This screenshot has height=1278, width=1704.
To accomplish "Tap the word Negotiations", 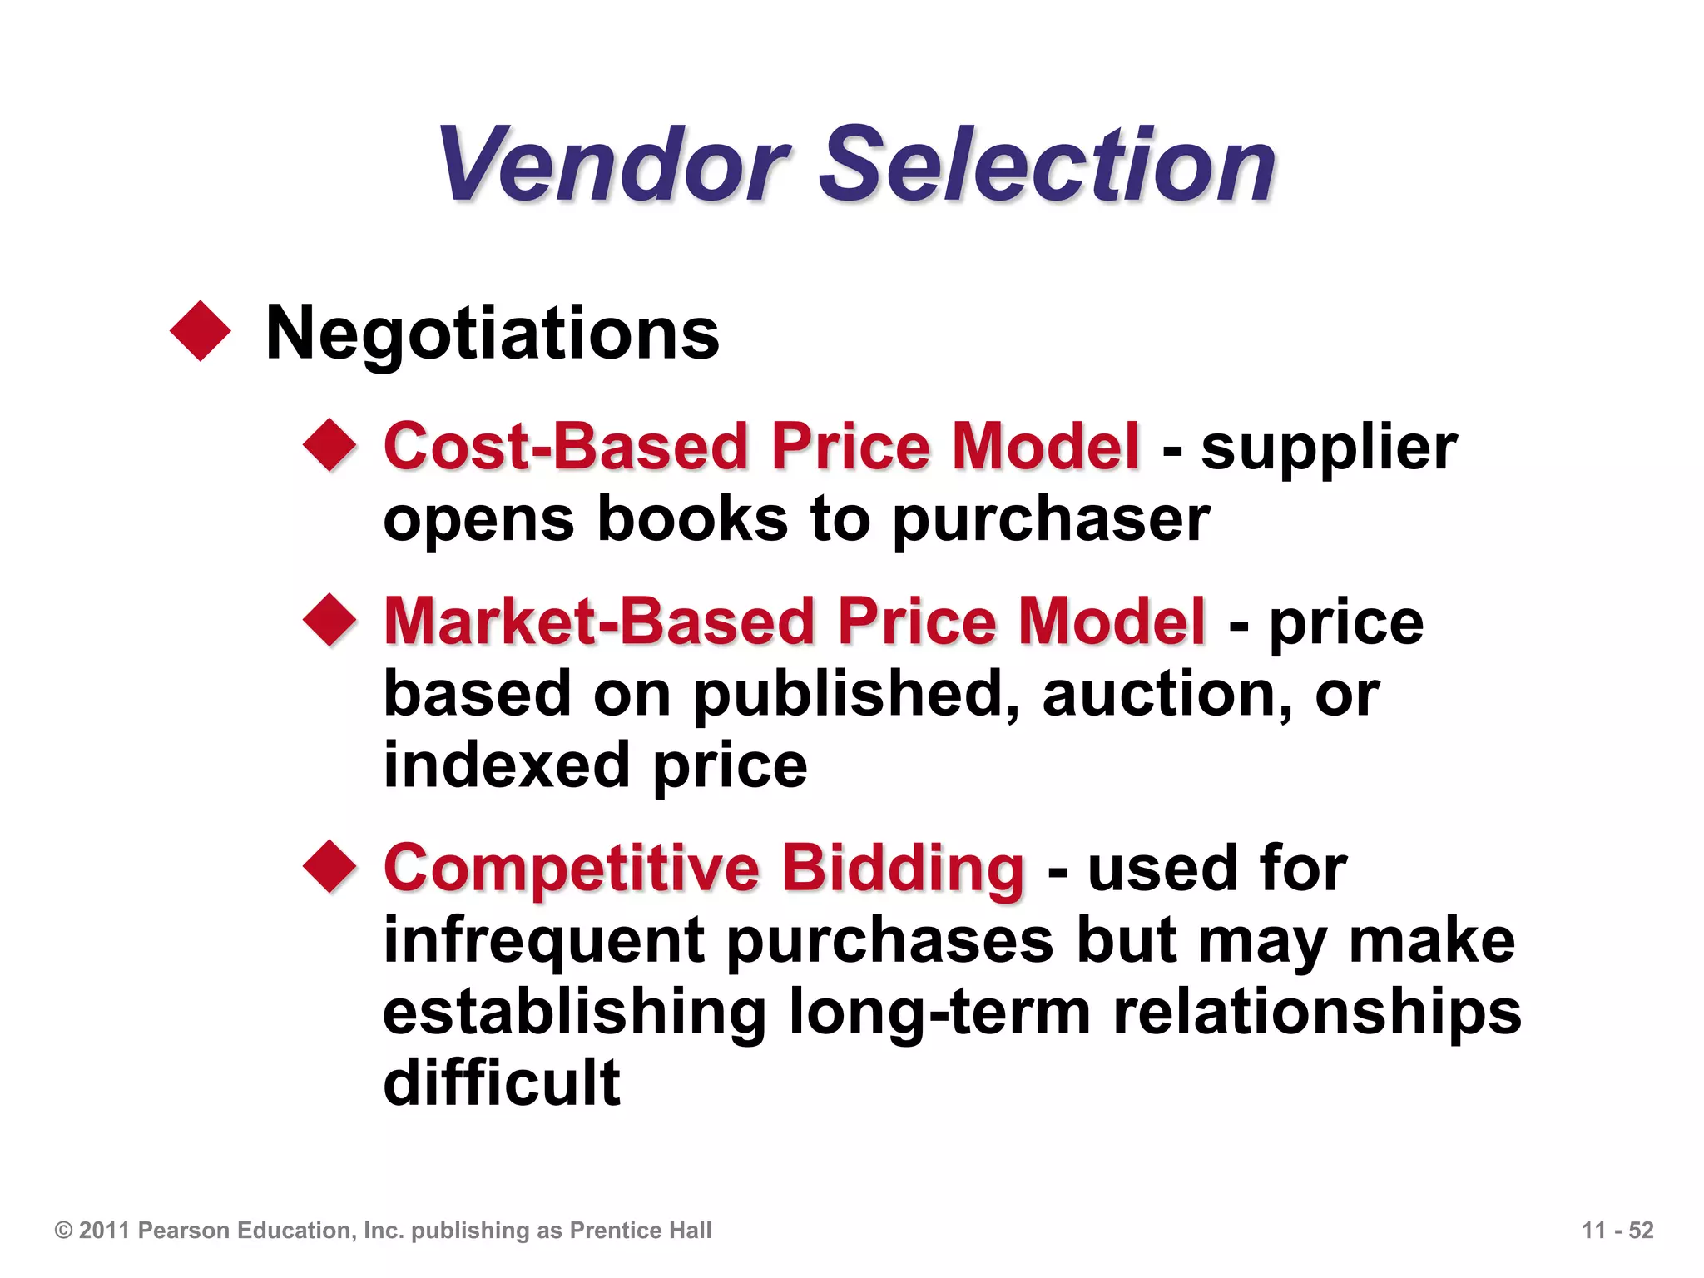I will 492,334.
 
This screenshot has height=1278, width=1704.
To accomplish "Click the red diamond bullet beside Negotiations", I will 201,331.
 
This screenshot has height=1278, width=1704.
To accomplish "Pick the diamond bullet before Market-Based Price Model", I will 330,620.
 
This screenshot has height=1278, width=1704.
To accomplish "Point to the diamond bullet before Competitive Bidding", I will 330,866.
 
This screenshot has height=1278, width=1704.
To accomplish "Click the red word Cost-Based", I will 567,447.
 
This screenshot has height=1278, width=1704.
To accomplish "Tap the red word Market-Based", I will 599,622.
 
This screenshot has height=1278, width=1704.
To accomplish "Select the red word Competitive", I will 572,869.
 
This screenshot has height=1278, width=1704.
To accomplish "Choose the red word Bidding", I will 903,869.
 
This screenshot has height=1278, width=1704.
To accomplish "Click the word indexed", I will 506,765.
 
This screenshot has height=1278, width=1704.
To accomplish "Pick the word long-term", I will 939,1013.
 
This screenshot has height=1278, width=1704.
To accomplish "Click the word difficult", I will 502,1082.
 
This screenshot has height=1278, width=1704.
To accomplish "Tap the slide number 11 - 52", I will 1617,1231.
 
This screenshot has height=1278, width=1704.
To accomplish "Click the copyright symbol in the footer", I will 63,1231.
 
